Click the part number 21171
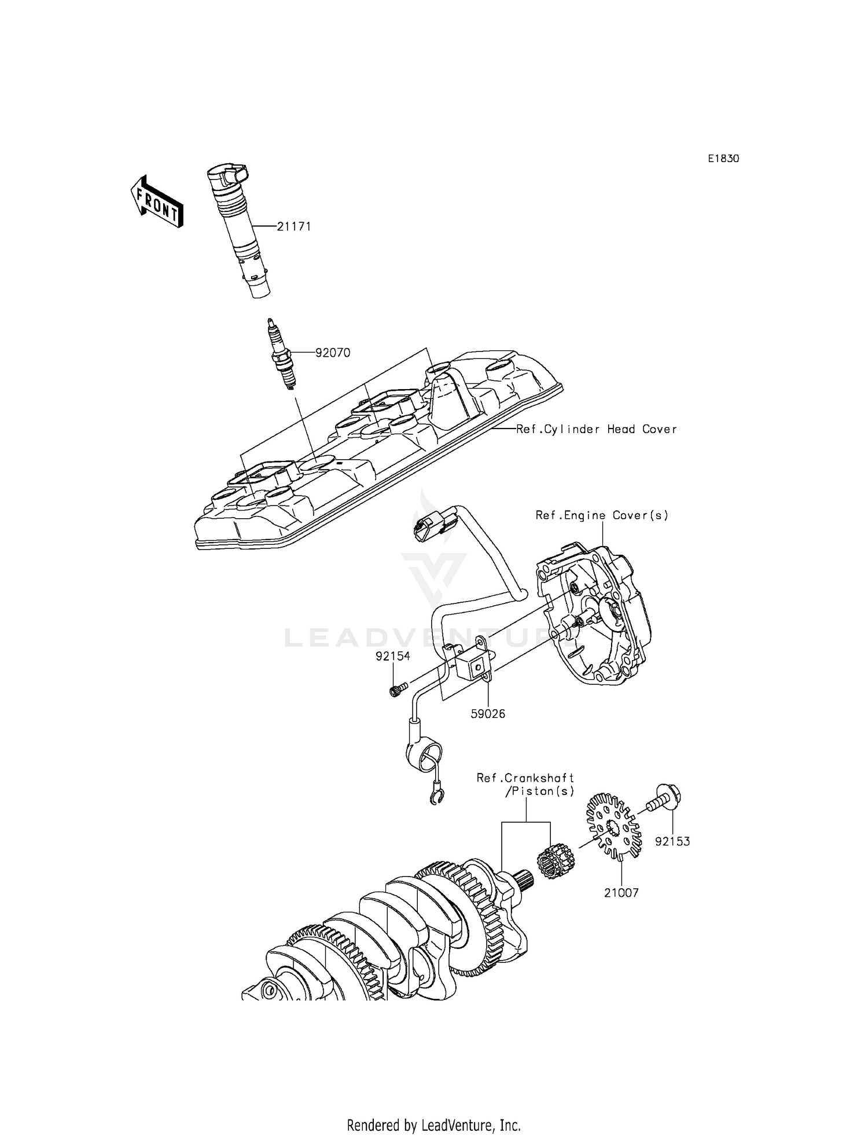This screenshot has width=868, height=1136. [x=293, y=226]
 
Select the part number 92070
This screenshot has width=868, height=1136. [x=332, y=353]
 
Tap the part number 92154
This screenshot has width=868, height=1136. [x=392, y=656]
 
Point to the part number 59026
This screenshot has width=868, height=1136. [x=488, y=714]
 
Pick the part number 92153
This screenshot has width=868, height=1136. [x=672, y=841]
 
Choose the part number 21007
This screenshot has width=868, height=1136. [x=621, y=893]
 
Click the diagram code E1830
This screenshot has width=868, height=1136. [x=723, y=159]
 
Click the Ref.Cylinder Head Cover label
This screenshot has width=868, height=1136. [x=597, y=429]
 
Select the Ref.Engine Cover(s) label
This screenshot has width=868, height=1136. [x=602, y=515]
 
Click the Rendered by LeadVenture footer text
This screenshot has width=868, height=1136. [x=433, y=1109]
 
